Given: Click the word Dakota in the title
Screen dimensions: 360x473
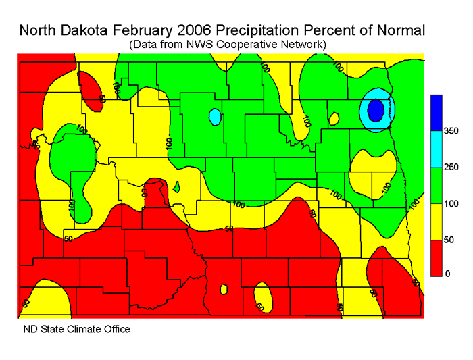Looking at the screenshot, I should click(112, 31).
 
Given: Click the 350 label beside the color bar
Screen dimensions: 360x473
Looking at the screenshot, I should click(445, 131).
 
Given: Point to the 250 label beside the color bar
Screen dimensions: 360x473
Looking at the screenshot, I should click(445, 167).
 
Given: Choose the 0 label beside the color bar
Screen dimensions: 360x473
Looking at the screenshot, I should click(439, 274).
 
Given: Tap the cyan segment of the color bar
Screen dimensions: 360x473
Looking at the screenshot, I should click(436, 149).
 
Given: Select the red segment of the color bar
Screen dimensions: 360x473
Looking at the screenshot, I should click(436, 257).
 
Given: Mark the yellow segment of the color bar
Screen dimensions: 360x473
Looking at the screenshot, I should click(436, 221).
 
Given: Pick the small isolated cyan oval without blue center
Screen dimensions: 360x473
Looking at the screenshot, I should click(215, 117).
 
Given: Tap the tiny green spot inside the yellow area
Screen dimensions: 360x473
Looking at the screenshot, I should click(176, 186).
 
